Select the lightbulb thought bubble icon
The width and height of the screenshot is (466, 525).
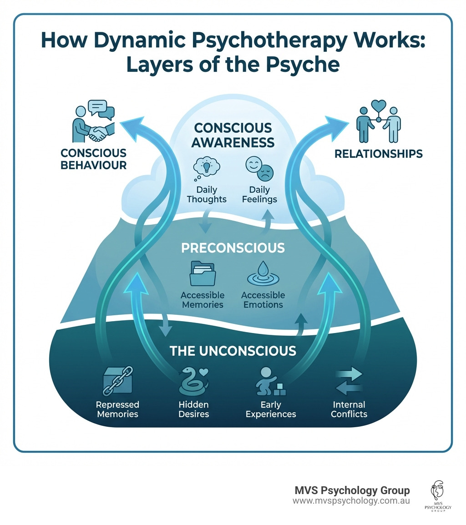coord(206,167)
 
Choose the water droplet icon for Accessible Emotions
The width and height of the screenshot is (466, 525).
coord(263,274)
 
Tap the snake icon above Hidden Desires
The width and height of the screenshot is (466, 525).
coord(192,380)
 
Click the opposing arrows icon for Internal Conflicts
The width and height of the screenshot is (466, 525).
coord(349,381)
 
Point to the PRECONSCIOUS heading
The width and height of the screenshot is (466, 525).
coord(233,248)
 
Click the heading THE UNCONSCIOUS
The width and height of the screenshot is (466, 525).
coord(233,351)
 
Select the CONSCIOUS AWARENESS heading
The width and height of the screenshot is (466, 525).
coord(233,135)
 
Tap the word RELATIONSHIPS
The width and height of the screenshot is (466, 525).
coord(378,154)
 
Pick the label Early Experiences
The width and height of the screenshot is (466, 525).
coord(270,409)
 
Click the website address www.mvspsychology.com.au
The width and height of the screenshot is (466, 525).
coord(351,501)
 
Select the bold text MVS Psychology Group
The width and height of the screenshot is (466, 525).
coord(352,490)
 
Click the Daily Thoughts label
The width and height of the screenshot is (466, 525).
coord(206,195)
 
